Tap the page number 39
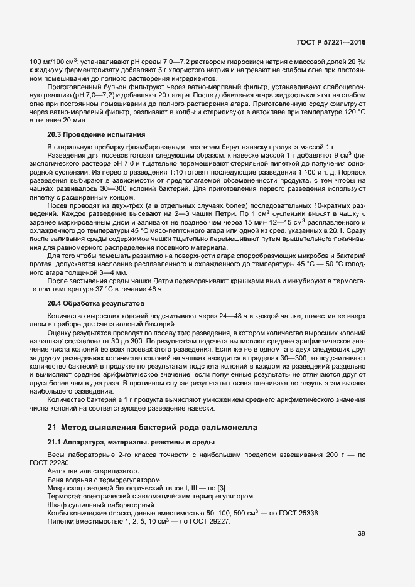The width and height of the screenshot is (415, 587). [x=361, y=534]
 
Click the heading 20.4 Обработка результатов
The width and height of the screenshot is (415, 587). [x=96, y=303]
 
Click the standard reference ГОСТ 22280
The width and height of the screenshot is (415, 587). [x=48, y=463]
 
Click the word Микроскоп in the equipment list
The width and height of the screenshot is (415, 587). [x=67, y=488]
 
